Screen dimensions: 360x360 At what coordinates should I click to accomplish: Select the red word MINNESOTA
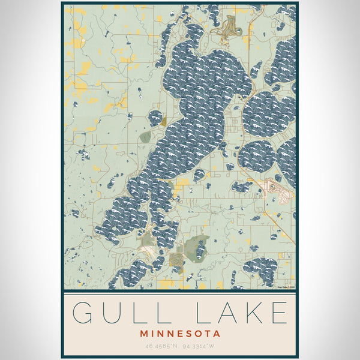point(180,333)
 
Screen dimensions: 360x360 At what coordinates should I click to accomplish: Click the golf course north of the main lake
point(230,27)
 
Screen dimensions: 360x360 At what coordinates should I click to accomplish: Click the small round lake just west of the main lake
point(155,117)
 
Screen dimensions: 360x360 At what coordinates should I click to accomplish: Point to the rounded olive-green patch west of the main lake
point(145,137)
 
